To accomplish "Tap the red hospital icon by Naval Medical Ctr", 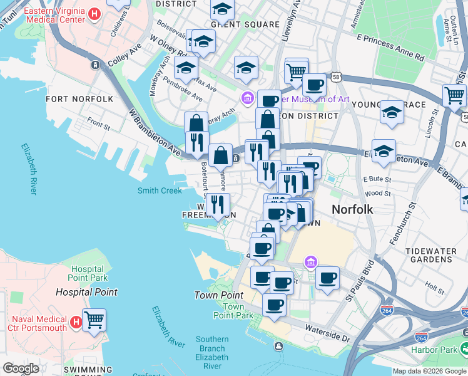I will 76,322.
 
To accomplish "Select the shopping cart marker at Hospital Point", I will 94,320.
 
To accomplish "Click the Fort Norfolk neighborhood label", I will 79,99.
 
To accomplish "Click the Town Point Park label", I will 233,311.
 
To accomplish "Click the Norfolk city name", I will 352,209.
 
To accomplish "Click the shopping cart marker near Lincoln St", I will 454,95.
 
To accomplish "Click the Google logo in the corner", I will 21,368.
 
